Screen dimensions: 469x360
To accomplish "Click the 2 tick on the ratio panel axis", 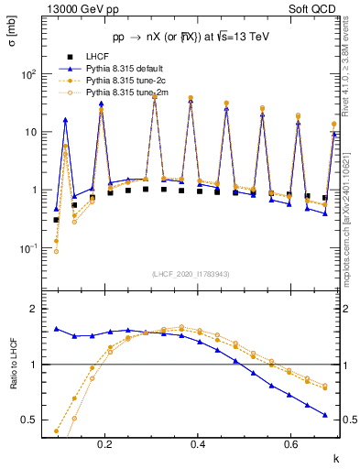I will point(42,310).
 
